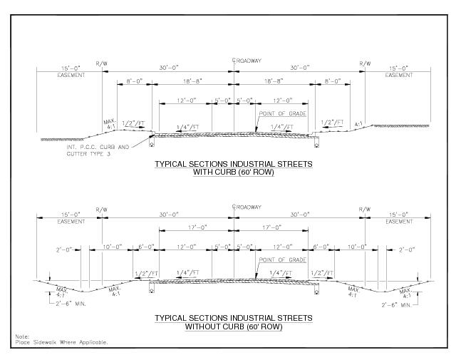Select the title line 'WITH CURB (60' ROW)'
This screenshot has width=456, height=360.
point(234,173)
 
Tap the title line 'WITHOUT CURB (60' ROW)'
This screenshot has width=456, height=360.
point(234,326)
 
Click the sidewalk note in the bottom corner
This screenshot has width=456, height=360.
point(61,340)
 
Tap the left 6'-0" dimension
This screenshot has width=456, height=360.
point(146,247)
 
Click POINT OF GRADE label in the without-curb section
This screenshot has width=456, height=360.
point(284,259)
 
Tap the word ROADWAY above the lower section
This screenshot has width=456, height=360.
point(250,208)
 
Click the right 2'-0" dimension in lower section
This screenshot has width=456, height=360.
point(407,250)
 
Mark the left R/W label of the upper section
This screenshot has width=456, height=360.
point(101,63)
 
